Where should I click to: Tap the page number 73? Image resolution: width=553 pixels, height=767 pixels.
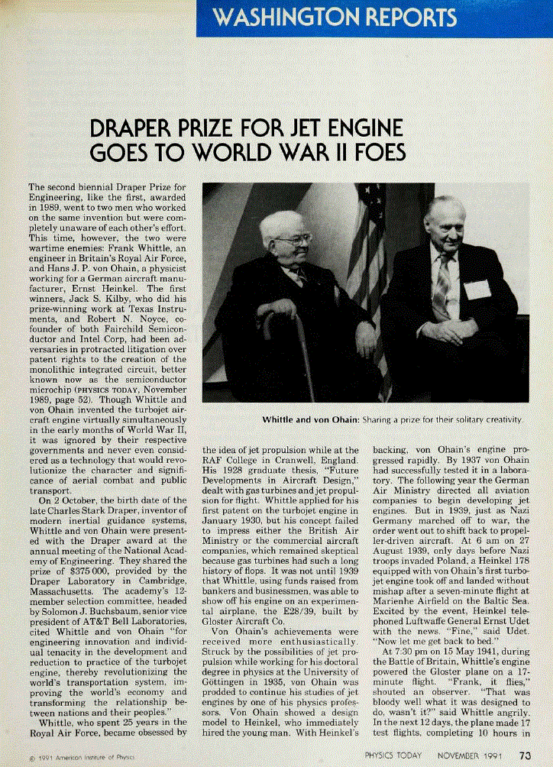click(526, 756)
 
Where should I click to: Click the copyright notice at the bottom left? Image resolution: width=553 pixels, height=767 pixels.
click(77, 759)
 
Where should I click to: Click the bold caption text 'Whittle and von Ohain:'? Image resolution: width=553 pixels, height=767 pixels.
click(310, 420)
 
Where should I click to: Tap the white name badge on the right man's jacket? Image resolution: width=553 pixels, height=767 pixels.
click(477, 290)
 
